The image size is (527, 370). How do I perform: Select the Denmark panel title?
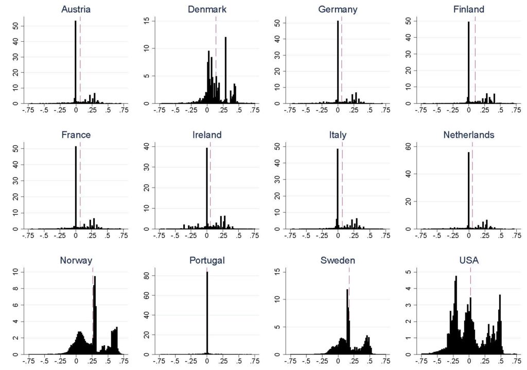click(207, 9)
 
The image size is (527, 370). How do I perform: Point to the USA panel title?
click(469, 260)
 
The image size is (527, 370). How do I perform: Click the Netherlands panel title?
click(469, 135)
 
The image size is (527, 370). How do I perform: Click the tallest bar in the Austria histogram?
click(75, 62)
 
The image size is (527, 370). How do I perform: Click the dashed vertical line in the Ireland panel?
click(210, 186)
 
